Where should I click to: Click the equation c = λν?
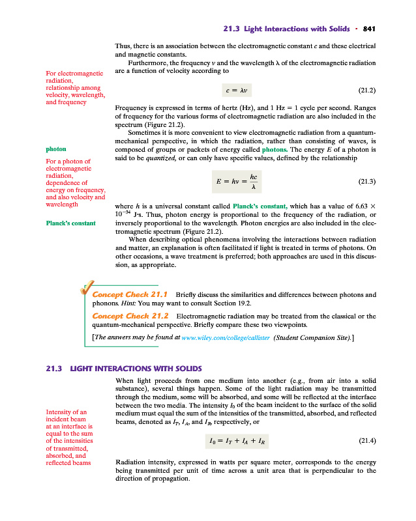228,89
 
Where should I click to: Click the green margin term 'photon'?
55,148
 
